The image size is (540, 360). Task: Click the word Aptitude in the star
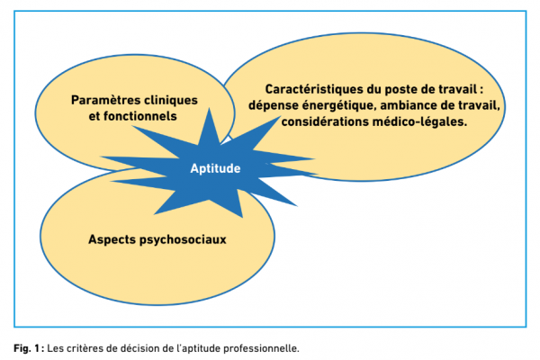[x=215, y=168]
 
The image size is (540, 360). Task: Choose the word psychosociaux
[x=183, y=239]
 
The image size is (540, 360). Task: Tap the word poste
[x=400, y=90]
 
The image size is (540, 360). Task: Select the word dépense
[x=273, y=106]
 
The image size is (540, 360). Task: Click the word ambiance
[x=407, y=105]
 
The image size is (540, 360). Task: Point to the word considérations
[x=325, y=122]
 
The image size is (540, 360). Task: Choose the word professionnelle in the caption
[x=261, y=348]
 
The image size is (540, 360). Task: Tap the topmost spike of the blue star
[x=209, y=109]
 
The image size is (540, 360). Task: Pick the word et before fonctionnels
[x=94, y=116]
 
